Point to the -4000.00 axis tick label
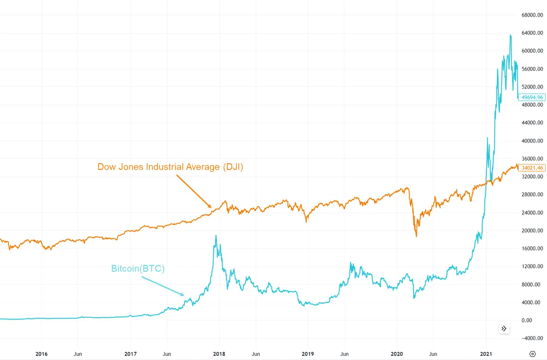click(532, 338)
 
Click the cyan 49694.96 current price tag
click(531, 97)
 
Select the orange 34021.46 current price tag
click(531, 168)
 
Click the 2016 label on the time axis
click(41, 354)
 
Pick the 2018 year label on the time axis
click(219, 354)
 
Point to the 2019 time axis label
click(308, 354)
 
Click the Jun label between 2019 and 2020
click(344, 354)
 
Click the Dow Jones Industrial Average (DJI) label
click(170, 167)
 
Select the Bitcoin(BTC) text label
click(138, 269)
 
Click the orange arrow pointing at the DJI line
click(194, 191)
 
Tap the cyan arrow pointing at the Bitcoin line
click(163, 286)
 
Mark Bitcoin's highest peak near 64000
click(510, 35)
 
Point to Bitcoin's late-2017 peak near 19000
click(216, 235)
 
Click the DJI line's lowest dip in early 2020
click(416, 236)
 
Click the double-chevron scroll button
click(504, 328)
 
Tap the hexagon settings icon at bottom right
click(532, 354)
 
